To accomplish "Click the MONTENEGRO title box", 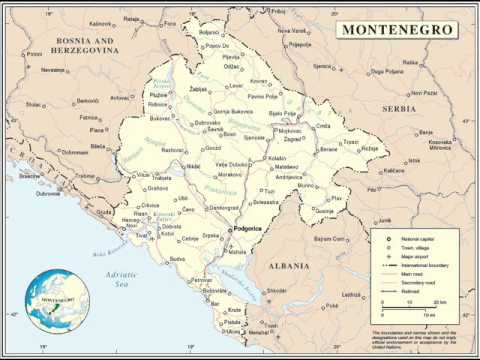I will tap(396, 30).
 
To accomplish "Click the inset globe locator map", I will tap(58, 301).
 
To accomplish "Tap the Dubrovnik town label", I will tap(50, 194).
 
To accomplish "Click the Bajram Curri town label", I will tap(329, 239).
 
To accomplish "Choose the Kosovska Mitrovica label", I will tap(440, 145).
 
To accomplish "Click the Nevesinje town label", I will tap(52, 71).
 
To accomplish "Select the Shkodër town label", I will tap(276, 291).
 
